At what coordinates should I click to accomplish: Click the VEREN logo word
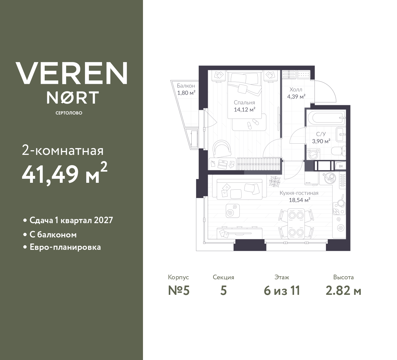coord(71,73)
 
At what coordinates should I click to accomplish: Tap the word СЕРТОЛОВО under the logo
coord(69,113)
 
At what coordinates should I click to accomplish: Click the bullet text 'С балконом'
coord(53,235)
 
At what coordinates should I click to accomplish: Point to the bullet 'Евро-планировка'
coord(65,247)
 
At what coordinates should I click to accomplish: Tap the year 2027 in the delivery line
coord(103,220)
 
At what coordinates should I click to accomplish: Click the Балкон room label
coord(186,86)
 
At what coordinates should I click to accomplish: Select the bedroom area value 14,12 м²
coord(244,109)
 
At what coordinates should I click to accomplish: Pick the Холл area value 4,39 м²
coord(296,97)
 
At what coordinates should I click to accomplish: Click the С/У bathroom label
coord(321,134)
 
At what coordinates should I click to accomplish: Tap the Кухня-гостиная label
coord(299,193)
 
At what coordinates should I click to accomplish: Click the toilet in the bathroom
coord(338,151)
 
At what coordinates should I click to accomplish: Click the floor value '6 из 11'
coord(282,291)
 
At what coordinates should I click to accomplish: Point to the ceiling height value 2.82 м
coord(343,291)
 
